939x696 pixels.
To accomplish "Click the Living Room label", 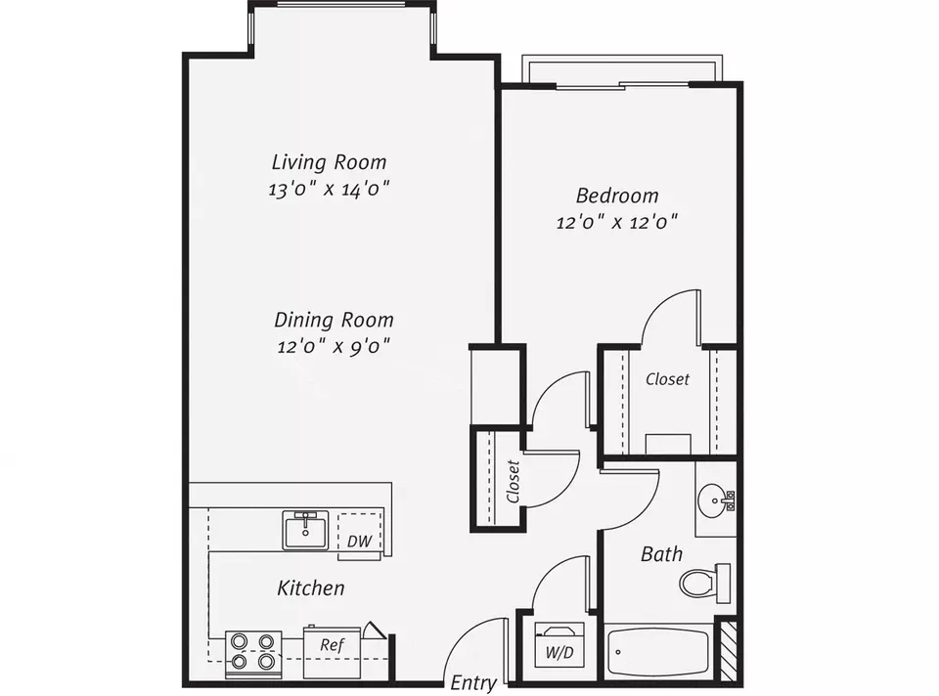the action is (x=329, y=162).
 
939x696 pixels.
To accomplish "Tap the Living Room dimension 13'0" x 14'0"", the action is (x=329, y=189).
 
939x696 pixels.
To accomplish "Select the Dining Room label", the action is (x=334, y=320).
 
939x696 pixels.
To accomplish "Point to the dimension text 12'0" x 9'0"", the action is (x=334, y=346).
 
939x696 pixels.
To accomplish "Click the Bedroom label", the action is (x=617, y=196).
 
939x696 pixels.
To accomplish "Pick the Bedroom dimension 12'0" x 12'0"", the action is (x=617, y=223).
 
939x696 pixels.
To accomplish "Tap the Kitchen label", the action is (x=311, y=587).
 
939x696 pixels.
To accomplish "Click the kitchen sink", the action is (x=305, y=530).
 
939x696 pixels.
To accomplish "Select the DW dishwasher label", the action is (x=359, y=541).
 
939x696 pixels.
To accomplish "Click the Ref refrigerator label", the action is (x=332, y=644).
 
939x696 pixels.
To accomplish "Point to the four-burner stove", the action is (x=253, y=654).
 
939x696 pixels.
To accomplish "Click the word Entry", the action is (x=473, y=683).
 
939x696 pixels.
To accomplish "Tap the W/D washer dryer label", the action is (x=559, y=652).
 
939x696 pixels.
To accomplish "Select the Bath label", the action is (x=661, y=554).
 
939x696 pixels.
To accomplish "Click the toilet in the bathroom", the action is (x=705, y=583).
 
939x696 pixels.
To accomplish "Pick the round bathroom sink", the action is (x=716, y=498).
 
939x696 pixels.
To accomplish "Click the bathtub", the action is (x=658, y=652).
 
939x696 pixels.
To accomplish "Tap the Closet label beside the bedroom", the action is (x=667, y=379).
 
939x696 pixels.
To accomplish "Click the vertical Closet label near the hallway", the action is (x=513, y=481).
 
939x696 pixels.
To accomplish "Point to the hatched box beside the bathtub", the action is (x=728, y=651).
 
